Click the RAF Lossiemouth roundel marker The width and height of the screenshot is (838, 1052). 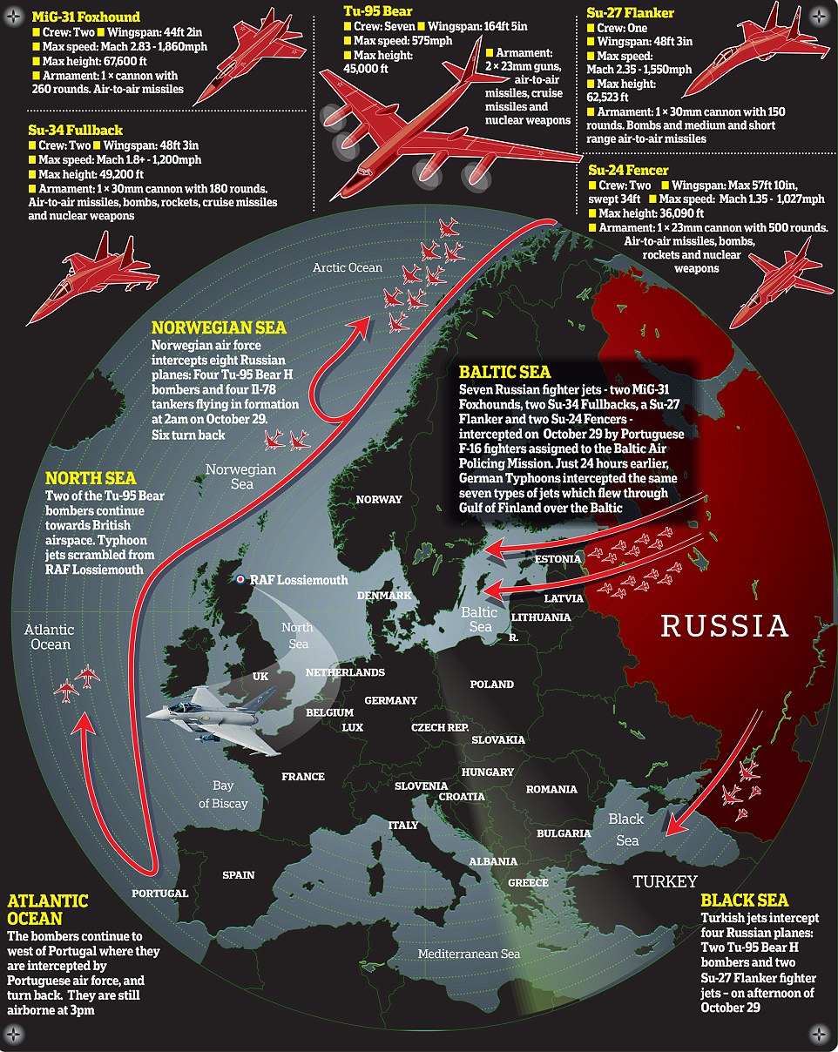pos(240,579)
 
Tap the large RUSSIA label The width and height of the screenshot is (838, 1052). pos(724,625)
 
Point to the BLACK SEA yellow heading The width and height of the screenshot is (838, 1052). pos(745,900)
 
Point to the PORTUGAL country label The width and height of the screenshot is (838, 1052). pos(159,894)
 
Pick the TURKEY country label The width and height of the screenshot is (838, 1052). pos(665,880)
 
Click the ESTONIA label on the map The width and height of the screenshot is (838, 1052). pos(558,558)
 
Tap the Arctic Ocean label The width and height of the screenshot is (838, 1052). pos(348,268)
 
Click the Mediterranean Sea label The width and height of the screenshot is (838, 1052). pos(469,954)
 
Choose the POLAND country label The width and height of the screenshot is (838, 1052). pos(491,684)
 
